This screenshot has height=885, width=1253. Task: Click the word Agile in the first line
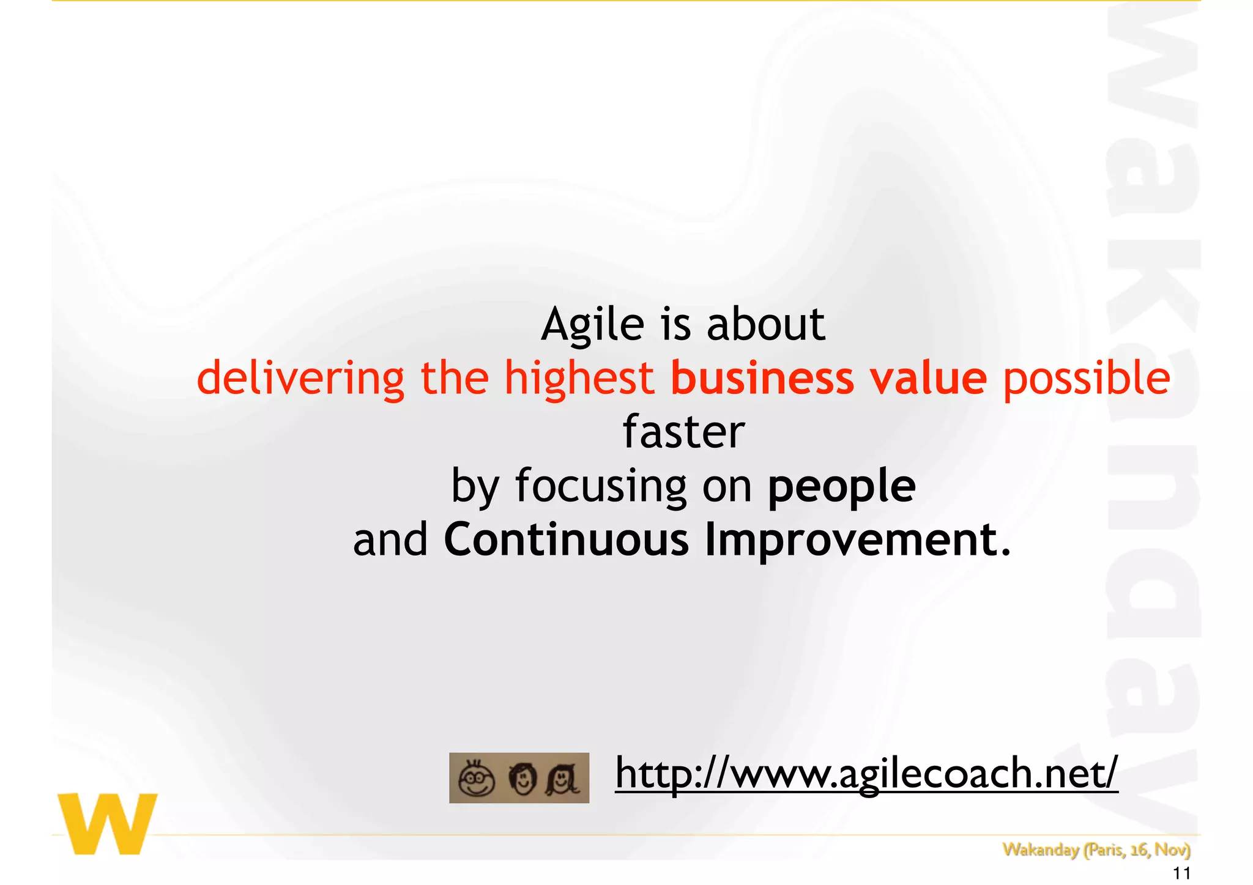[x=592, y=325]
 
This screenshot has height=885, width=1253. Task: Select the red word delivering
[x=300, y=378]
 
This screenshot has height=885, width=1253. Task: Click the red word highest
[x=579, y=378]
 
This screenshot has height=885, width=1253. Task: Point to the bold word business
[x=762, y=378]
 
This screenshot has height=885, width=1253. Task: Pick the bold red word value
[x=928, y=378]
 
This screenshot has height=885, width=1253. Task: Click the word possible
[x=1086, y=379]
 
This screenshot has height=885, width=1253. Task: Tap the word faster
[x=683, y=432]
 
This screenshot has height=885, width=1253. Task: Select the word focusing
[x=601, y=487]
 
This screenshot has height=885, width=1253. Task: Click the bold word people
[x=841, y=487]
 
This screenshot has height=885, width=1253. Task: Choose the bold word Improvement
[x=857, y=541]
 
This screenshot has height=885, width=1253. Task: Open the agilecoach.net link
[x=866, y=773]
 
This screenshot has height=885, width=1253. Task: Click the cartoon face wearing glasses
[x=477, y=779]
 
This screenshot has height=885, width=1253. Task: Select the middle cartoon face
[x=522, y=779]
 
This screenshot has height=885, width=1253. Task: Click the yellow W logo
[x=108, y=823]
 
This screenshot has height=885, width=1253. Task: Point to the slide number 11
[x=1181, y=873]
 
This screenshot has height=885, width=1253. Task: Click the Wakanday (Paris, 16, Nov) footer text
[x=1096, y=850]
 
